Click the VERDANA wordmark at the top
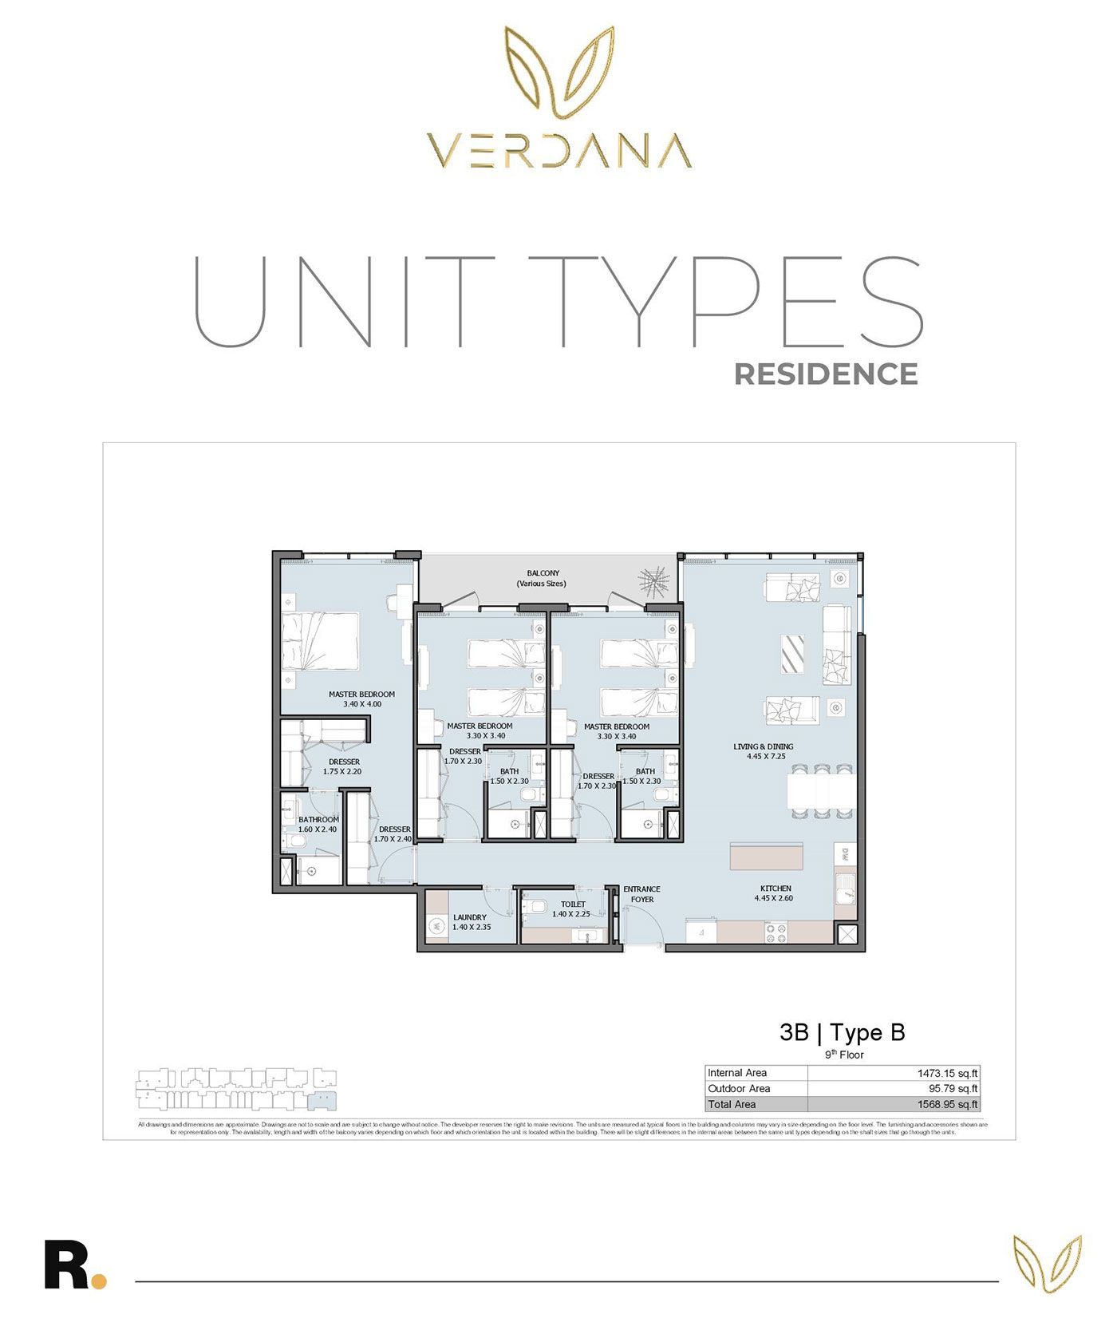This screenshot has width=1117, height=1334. click(558, 151)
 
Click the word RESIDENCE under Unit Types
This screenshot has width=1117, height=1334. click(826, 374)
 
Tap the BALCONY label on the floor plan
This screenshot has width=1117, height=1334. click(543, 578)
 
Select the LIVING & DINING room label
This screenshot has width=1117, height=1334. click(764, 751)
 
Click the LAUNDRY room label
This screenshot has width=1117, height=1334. click(470, 922)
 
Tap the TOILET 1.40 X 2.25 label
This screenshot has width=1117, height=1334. click(572, 908)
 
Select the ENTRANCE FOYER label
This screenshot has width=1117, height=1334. click(641, 893)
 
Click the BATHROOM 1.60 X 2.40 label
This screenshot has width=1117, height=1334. click(318, 824)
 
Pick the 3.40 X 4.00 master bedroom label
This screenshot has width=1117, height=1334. click(361, 699)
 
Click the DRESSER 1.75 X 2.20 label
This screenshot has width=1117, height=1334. click(344, 766)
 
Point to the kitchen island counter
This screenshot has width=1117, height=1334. click(766, 856)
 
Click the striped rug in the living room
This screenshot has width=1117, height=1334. click(792, 654)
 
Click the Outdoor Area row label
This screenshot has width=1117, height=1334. click(740, 1089)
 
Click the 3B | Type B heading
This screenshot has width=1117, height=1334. click(842, 1032)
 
